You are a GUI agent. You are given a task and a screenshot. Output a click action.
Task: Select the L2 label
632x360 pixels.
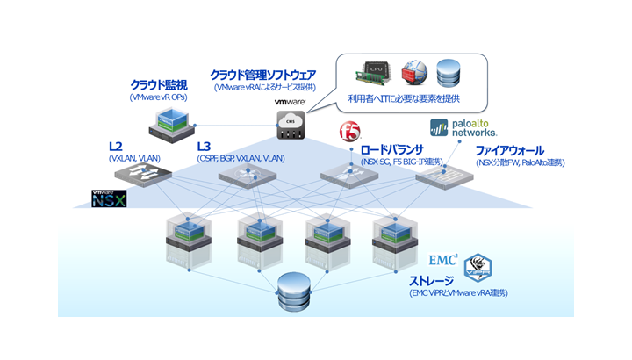pyautogui.click(x=115, y=145)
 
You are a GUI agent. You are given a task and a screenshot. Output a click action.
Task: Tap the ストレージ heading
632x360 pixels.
pyautogui.click(x=434, y=280)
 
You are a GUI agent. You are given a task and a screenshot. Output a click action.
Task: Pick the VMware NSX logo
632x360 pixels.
pyautogui.click(x=109, y=198)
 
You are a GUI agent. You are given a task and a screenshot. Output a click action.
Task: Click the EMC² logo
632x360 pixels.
pyautogui.click(x=442, y=261)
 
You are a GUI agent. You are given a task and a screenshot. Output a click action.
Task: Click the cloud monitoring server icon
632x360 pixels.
pyautogui.click(x=170, y=125)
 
